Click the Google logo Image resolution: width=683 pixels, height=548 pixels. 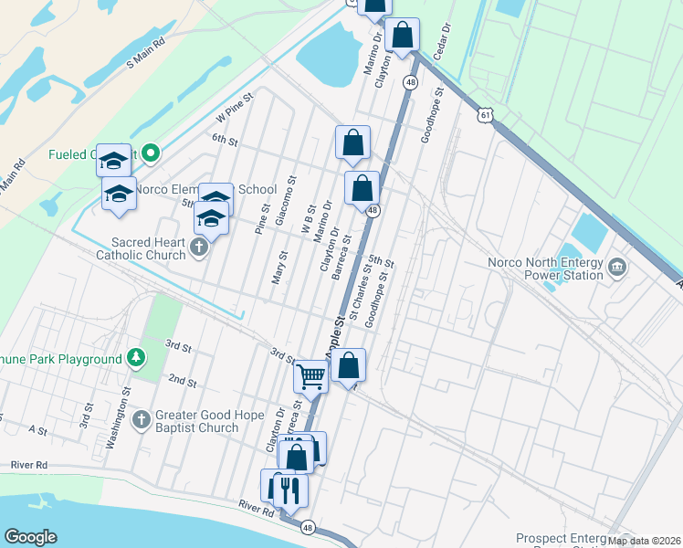31,536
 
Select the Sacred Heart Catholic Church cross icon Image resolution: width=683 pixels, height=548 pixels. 197,248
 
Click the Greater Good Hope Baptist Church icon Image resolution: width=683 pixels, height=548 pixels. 141,419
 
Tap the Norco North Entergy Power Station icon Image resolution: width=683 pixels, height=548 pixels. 617,267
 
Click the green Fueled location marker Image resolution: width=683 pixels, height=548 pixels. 152,153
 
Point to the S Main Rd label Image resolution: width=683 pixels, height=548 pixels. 146,51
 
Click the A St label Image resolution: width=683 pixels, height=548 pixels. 37,428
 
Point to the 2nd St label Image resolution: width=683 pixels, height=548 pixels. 183,379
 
